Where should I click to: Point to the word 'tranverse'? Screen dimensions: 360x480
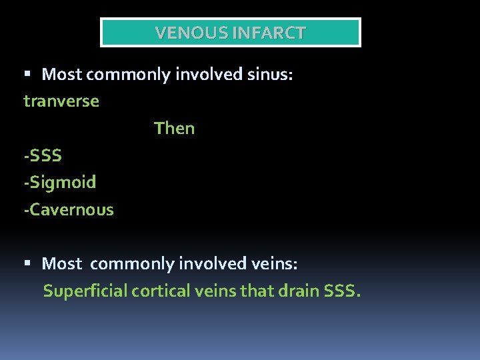coord(61,101)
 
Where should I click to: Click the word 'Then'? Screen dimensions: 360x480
coord(174,128)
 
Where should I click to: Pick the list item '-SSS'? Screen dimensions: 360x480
coord(43,155)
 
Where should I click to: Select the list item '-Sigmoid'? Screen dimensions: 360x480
coord(60,182)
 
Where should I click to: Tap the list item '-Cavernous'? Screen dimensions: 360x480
coord(69,209)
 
